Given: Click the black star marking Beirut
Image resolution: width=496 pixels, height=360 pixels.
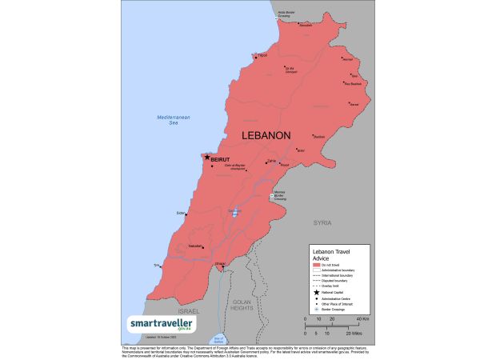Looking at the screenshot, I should pyautogui.click(x=208, y=158).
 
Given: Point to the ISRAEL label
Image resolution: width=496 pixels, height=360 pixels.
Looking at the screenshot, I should pyautogui.click(x=190, y=310).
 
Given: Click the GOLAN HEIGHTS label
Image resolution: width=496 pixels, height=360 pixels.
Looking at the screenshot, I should pyautogui.click(x=242, y=305).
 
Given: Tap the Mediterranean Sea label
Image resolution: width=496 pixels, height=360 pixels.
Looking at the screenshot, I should pyautogui.click(x=168, y=120).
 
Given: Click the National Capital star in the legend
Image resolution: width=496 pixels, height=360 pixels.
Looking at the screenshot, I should pyautogui.click(x=316, y=294).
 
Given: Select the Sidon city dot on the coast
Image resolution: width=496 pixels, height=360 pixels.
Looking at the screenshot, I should pyautogui.click(x=187, y=212).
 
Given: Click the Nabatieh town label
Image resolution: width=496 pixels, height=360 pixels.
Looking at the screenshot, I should pyautogui.click(x=195, y=246).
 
